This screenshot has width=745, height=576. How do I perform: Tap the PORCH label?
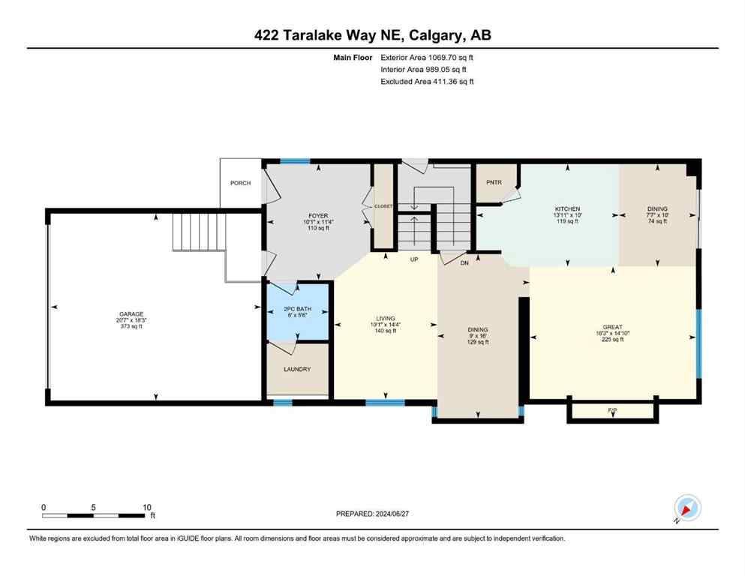[240, 183]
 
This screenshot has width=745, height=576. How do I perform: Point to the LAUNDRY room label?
[297, 369]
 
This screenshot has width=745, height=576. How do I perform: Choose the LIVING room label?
[385, 319]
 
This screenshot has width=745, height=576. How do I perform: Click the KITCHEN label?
[567, 209]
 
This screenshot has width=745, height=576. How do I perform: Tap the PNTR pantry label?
[493, 182]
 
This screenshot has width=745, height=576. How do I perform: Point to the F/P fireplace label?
[612, 410]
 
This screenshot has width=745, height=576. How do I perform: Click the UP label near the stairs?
[413, 259]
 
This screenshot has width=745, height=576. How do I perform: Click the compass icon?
[686, 508]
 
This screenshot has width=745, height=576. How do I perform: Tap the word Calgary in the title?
[440, 35]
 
